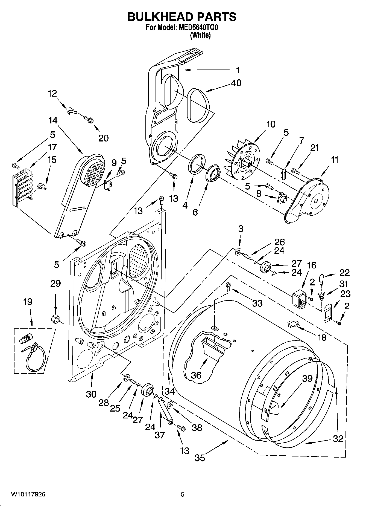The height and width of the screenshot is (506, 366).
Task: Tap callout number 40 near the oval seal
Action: click(236, 83)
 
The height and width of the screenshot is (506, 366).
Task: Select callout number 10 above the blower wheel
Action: click(271, 124)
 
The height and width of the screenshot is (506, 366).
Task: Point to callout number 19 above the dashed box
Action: click(28, 302)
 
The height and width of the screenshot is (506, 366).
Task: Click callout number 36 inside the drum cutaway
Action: click(196, 375)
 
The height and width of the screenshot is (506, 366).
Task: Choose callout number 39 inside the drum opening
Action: click(307, 378)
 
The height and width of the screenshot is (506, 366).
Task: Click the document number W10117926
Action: click(28, 494)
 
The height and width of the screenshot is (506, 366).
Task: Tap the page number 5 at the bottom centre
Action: click(183, 494)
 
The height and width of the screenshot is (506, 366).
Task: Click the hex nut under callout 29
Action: click(55, 319)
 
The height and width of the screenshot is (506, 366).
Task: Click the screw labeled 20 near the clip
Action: click(89, 119)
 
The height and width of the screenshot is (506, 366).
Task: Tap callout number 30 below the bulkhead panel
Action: click(91, 394)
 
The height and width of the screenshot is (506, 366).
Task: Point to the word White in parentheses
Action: click(200, 35)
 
